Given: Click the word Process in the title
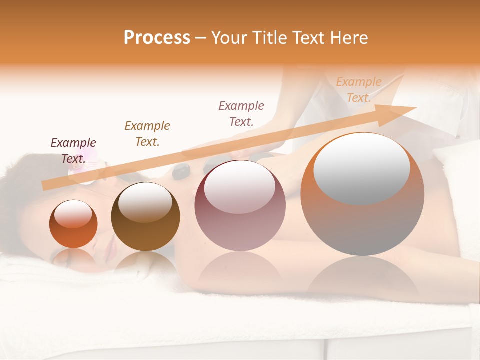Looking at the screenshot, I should click(x=157, y=38).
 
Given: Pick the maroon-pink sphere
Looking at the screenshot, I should click(x=240, y=220).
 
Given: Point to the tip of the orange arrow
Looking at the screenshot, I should click(x=415, y=108).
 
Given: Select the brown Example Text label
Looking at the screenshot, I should click(x=147, y=133).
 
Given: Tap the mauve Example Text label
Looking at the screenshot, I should click(x=241, y=113).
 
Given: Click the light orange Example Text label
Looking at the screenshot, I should click(x=359, y=90).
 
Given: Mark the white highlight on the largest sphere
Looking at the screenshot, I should click(x=362, y=167).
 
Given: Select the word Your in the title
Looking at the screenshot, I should click(x=227, y=38).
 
